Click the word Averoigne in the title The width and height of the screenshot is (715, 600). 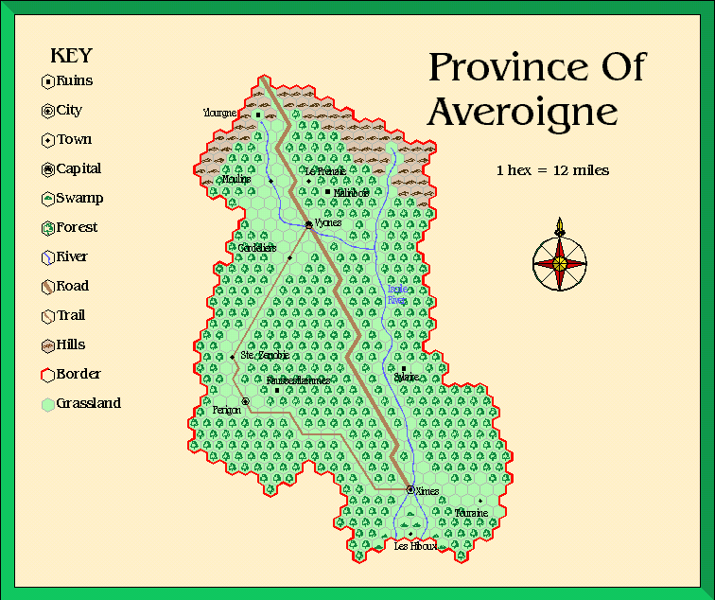pyautogui.click(x=522, y=112)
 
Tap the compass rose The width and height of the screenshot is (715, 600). pyautogui.click(x=560, y=262)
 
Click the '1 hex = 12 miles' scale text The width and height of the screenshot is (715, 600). pyautogui.click(x=552, y=171)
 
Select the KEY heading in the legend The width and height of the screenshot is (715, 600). pyautogui.click(x=70, y=54)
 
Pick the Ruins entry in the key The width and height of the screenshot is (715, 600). pyautogui.click(x=74, y=81)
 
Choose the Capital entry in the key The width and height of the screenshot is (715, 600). pyautogui.click(x=78, y=169)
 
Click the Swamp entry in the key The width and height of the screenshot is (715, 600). pyautogui.click(x=78, y=199)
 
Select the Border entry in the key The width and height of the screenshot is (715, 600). pyautogui.click(x=78, y=374)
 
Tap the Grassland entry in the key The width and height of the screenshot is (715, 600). pyautogui.click(x=88, y=403)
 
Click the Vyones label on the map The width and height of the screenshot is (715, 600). pyautogui.click(x=328, y=223)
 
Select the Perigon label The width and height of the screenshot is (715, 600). pyautogui.click(x=226, y=410)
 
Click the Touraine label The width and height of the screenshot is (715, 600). pyautogui.click(x=470, y=512)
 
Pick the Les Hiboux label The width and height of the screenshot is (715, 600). pyautogui.click(x=415, y=547)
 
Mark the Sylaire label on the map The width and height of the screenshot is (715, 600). pyautogui.click(x=406, y=377)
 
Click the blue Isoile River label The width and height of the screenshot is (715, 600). pyautogui.click(x=398, y=294)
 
